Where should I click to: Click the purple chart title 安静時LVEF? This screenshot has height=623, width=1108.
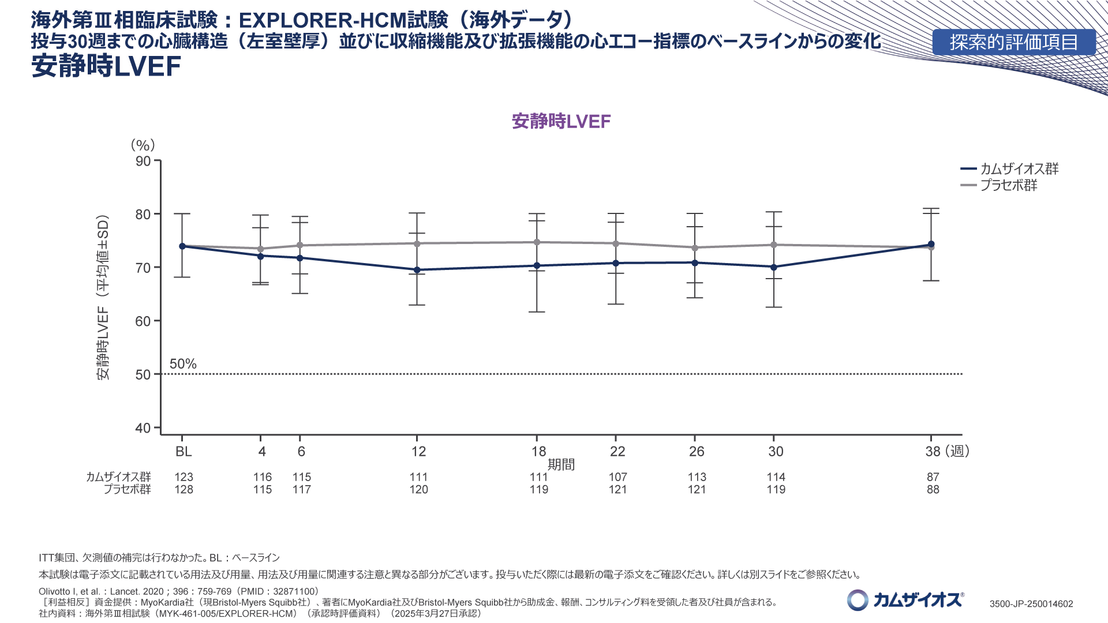click(561, 121)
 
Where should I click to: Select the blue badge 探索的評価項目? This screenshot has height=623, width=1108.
click(1014, 42)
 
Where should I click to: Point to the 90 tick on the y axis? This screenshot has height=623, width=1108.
click(143, 161)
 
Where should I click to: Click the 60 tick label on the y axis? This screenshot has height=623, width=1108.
click(143, 321)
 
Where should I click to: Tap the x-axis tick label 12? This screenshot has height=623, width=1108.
click(418, 452)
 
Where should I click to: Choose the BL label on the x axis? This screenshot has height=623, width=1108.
click(184, 452)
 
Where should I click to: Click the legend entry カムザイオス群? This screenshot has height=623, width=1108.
click(1019, 169)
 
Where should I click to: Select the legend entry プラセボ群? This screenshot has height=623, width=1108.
click(1009, 185)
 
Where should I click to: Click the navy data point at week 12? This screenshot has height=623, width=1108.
click(417, 270)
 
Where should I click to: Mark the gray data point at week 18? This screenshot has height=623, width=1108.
click(537, 242)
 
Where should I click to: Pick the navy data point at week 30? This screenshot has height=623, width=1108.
click(774, 267)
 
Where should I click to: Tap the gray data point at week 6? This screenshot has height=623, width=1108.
click(300, 245)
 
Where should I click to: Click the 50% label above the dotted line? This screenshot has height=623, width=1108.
click(183, 364)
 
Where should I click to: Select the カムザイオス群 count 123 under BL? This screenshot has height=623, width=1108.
click(184, 477)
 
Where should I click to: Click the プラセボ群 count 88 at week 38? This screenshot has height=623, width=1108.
click(933, 490)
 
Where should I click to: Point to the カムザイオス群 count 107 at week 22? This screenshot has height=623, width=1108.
click(617, 477)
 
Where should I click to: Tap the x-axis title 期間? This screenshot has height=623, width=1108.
click(561, 465)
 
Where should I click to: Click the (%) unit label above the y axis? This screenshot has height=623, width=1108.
click(143, 145)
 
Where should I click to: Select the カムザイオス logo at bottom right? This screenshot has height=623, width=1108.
click(905, 600)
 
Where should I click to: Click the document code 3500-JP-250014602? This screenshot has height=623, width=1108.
click(1031, 604)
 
